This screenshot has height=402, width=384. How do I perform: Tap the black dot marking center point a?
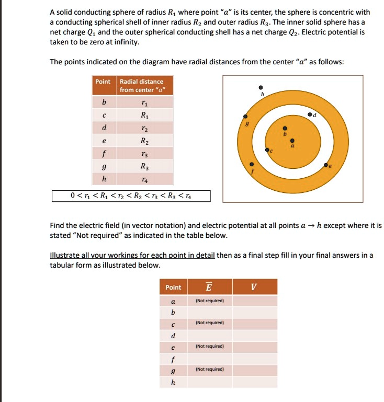coord(292,140)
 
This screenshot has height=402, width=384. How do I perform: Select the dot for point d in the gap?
coord(309,113)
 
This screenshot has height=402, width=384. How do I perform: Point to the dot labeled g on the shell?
coord(244,117)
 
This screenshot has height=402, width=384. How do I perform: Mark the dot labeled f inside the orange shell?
coord(252,163)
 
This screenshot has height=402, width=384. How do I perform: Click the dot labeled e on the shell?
coord(325,165)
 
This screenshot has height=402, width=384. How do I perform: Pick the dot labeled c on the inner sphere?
coord(267,150)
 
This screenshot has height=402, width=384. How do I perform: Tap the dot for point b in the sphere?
coord(285,128)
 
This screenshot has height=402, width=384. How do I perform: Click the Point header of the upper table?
coord(103,82)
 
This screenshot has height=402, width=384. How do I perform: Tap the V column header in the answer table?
coord(254,287)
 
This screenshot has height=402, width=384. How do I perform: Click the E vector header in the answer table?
coord(209,287)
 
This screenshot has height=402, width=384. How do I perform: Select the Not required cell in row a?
coord(209,301)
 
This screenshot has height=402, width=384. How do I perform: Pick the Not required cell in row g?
coord(209,369)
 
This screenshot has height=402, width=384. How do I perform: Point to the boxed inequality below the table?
coord(131,197)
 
